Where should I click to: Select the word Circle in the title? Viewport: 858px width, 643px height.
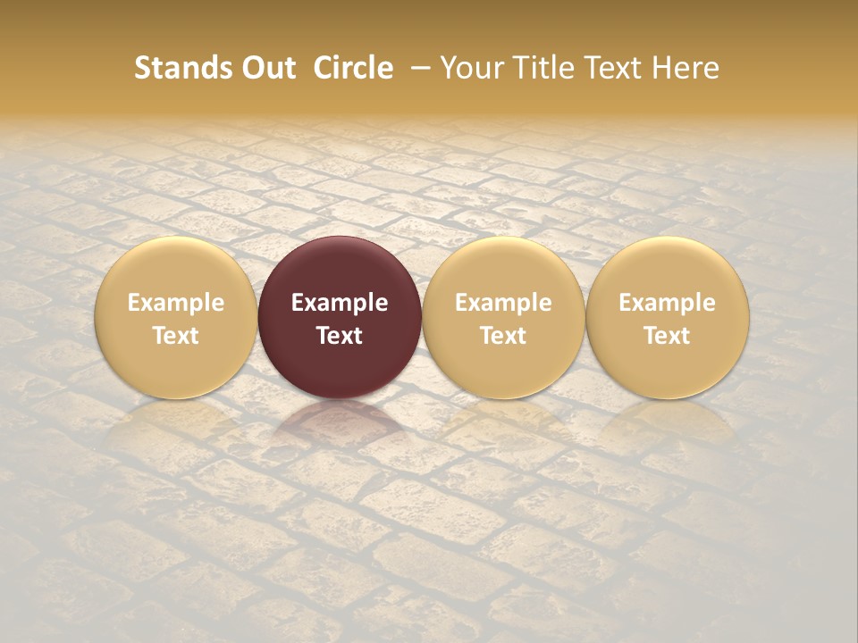(x=352, y=68)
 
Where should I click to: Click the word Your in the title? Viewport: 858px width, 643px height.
(x=469, y=68)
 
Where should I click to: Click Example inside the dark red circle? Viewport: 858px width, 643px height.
(x=340, y=303)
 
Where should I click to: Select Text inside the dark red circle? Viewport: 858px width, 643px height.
(x=340, y=336)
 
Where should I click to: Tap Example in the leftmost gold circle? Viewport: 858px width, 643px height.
(x=176, y=303)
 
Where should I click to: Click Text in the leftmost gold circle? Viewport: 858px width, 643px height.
(x=176, y=336)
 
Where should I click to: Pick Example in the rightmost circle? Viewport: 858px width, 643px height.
(x=668, y=303)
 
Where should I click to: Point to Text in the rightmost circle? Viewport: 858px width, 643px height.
(x=668, y=336)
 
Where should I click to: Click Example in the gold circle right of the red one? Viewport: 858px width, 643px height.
(x=504, y=303)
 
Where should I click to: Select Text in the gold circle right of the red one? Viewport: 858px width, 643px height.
(x=504, y=336)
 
